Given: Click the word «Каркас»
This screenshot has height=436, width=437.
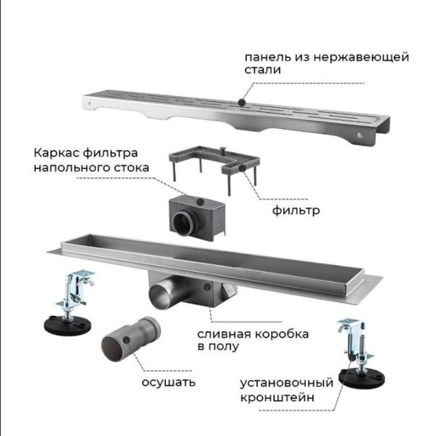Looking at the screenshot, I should [56, 154].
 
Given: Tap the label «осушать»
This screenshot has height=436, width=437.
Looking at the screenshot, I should [163, 381].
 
